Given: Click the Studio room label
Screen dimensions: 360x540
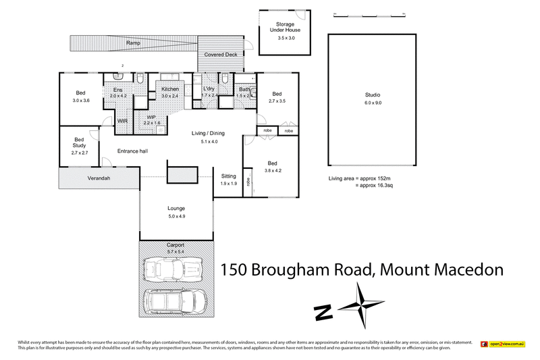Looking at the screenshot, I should (x=373, y=95).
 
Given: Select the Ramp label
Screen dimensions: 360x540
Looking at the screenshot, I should (x=133, y=43).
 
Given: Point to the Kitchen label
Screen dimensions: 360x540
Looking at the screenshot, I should (x=169, y=90).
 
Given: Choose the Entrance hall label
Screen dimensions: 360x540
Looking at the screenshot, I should (x=132, y=151).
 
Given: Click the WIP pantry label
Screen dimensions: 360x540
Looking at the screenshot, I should (x=152, y=117).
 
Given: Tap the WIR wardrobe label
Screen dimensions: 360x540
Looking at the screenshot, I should (x=122, y=121).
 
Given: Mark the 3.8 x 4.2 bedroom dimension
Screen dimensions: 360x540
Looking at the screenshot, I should (x=272, y=172).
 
